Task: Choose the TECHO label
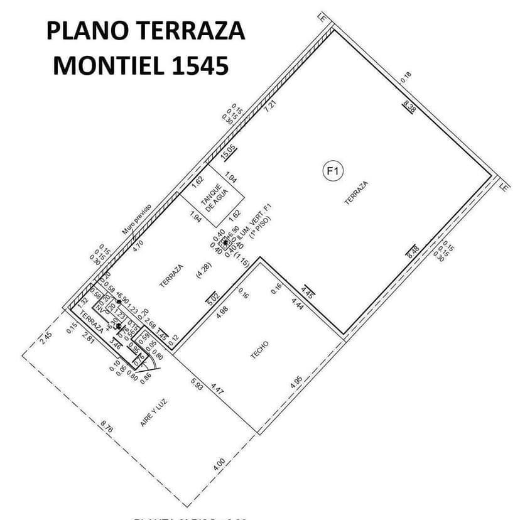259,349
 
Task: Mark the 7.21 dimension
271,106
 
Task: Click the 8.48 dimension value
413,251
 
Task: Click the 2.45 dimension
46,338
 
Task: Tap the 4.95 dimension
296,383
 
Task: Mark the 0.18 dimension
406,78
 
